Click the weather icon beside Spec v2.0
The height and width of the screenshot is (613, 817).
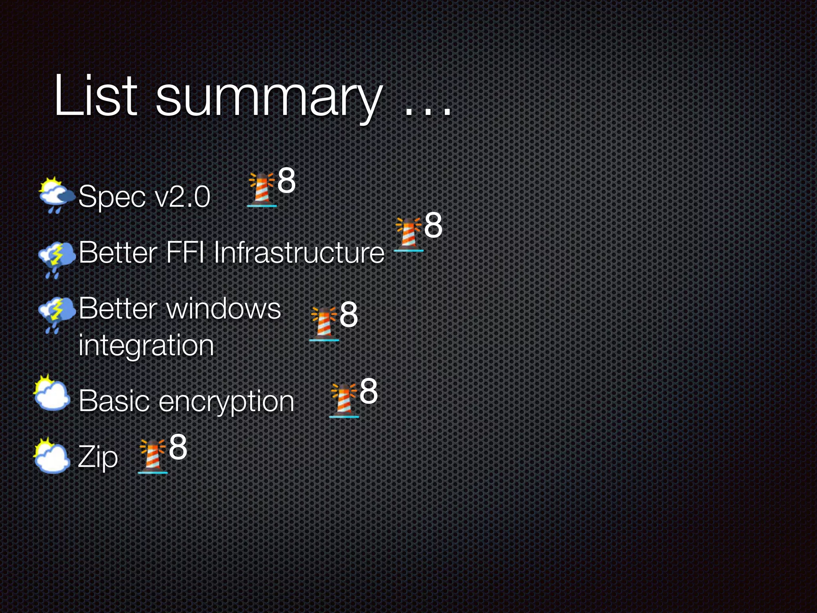point(56,195)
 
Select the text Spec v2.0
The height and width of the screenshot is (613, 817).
point(144,196)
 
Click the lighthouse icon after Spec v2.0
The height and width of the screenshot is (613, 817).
point(262,190)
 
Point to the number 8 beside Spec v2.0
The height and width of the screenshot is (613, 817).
point(286,180)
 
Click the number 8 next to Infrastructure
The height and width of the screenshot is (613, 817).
point(433,225)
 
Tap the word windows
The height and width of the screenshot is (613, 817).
point(224,308)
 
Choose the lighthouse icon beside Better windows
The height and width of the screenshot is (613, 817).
point(324,324)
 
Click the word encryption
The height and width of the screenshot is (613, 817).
point(226,401)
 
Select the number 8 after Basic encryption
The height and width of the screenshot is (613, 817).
point(368,391)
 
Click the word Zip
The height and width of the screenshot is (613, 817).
point(98,457)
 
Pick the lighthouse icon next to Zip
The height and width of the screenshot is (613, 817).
point(152,457)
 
